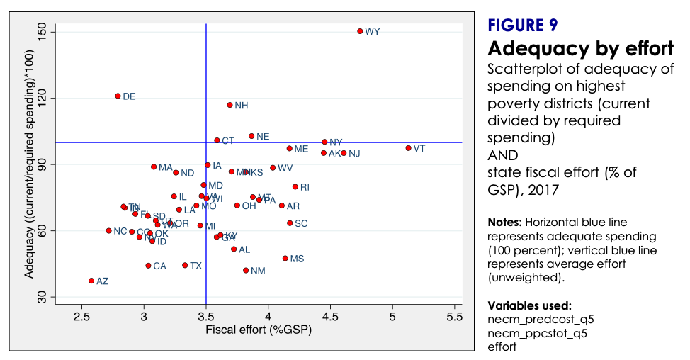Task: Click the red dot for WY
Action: coord(360,31)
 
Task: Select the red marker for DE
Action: coord(118,96)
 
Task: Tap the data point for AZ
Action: coord(91,281)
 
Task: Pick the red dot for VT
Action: coord(408,148)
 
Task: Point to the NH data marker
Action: coord(230,105)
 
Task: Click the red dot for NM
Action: coord(246,270)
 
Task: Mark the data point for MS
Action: coord(285,259)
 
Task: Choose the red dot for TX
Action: coord(185,265)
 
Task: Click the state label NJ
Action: coord(354,154)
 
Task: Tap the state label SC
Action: coord(301,223)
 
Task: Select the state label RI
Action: coord(305,187)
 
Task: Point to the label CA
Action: coord(159,266)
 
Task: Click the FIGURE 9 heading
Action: coord(523,26)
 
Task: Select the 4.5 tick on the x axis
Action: coord(330,317)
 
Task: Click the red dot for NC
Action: coord(108,230)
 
